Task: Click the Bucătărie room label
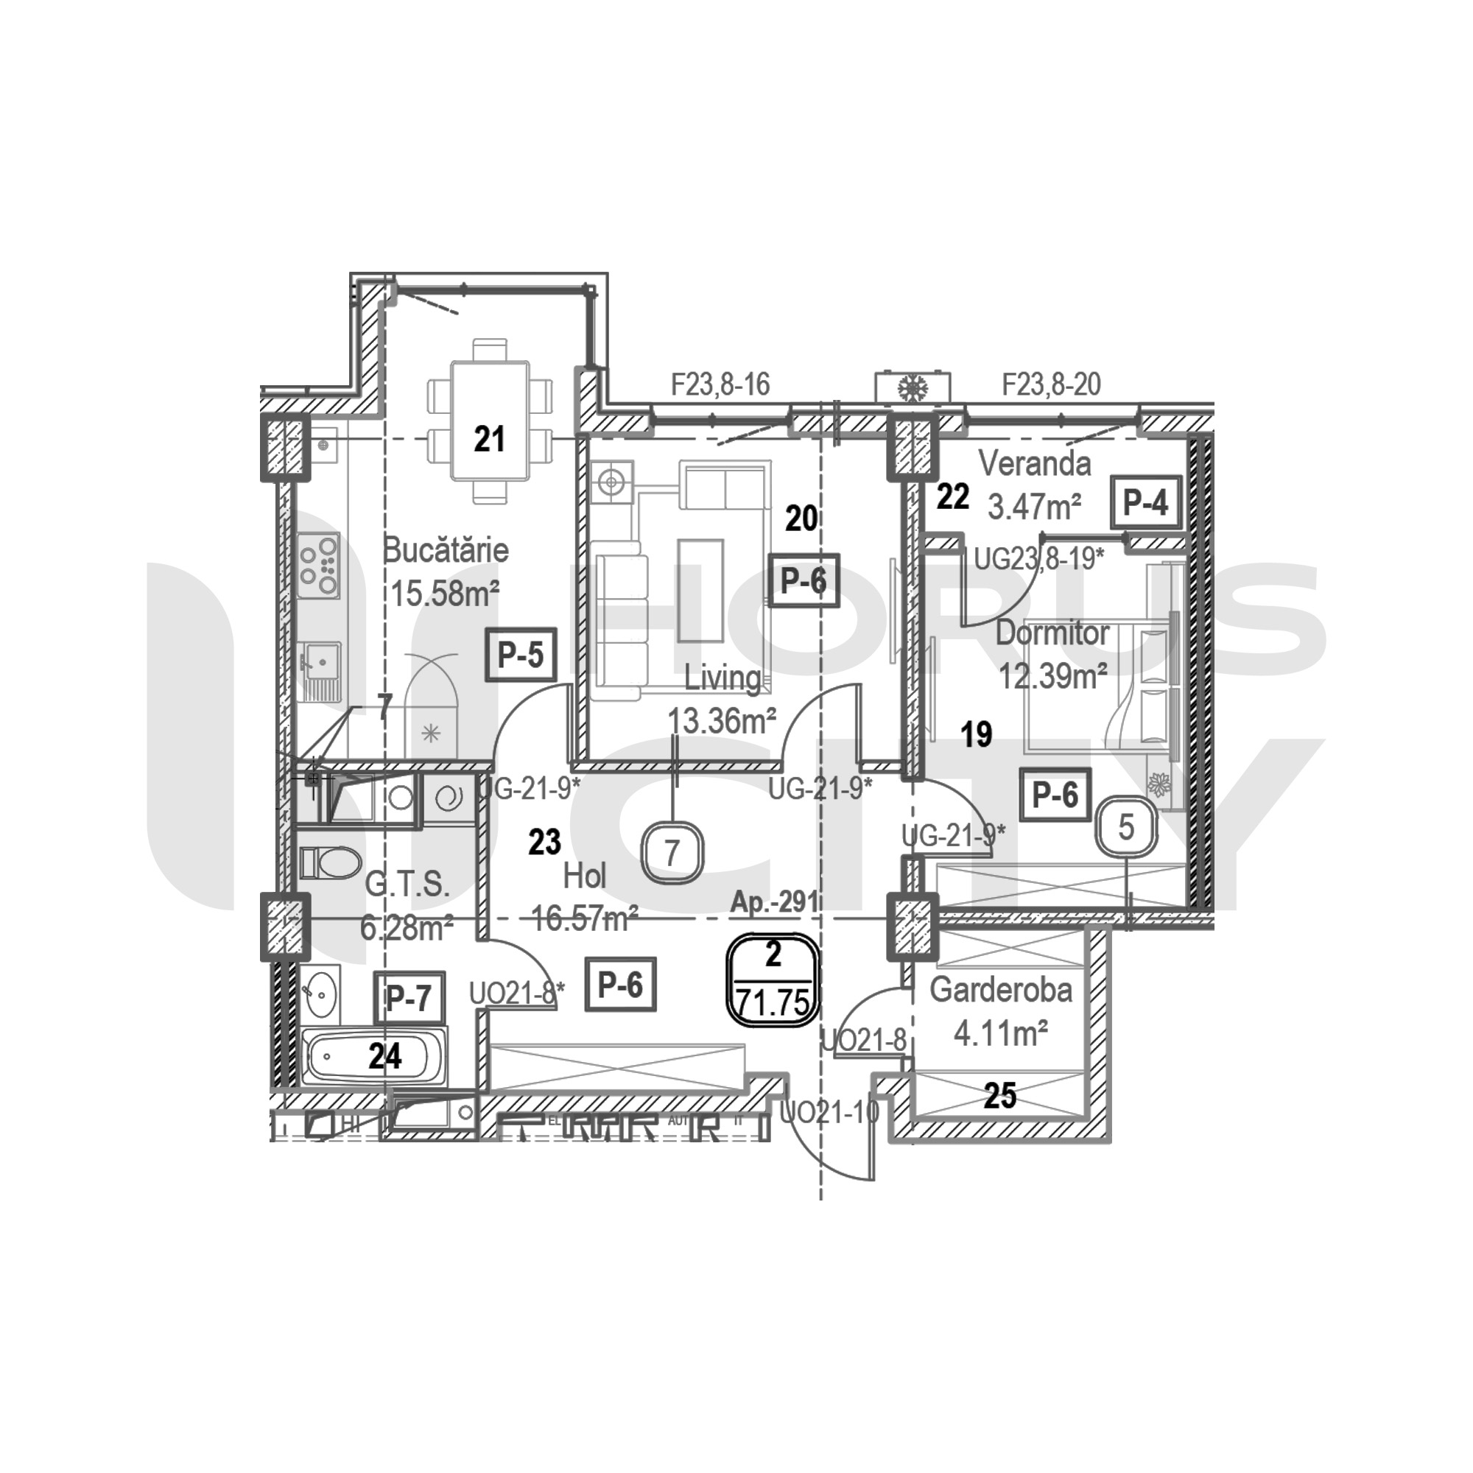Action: (x=446, y=550)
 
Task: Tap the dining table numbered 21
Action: (x=489, y=421)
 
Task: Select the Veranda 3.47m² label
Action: (x=1035, y=485)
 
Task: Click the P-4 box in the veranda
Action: (x=1146, y=502)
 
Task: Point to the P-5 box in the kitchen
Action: (x=521, y=654)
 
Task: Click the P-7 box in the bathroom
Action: (x=409, y=998)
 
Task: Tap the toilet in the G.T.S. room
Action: (x=330, y=862)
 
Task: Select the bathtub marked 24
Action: (x=376, y=1058)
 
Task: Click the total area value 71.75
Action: (x=773, y=1002)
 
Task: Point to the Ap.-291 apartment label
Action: (x=774, y=903)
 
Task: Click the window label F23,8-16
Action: (x=720, y=384)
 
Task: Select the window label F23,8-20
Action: (x=1052, y=384)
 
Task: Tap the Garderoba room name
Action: (x=1000, y=990)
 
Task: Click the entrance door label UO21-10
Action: (x=829, y=1113)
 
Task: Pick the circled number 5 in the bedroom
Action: (x=1126, y=827)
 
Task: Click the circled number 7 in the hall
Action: (x=671, y=852)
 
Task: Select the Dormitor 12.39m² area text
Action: (x=1052, y=675)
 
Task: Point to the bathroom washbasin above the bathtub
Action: (x=321, y=993)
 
